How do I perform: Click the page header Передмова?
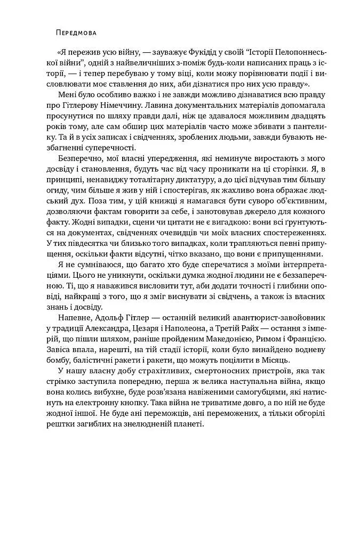coord(76,33)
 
